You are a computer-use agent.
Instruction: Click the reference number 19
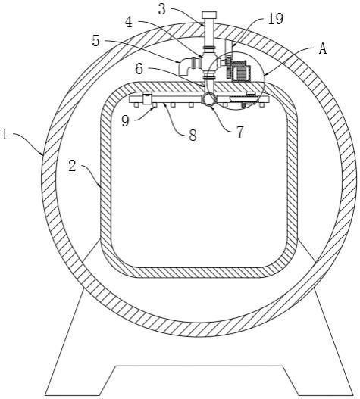click(276, 19)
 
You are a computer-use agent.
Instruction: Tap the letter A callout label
click(323, 48)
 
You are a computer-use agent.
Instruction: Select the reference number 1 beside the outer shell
click(5, 134)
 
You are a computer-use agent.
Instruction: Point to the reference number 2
click(72, 166)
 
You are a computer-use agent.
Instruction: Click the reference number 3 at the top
click(162, 9)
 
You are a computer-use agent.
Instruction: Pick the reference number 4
click(129, 22)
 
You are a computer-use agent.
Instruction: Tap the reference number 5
click(95, 41)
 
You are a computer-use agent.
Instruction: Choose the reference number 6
click(139, 69)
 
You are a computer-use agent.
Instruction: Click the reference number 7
click(239, 132)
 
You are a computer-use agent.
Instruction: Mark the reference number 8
click(193, 135)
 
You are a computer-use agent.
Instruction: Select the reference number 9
click(125, 121)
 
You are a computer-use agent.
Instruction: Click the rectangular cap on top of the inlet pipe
click(209, 15)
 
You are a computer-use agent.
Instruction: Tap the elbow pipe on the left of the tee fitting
click(185, 67)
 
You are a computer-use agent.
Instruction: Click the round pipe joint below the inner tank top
click(208, 99)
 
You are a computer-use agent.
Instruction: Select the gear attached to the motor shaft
click(229, 67)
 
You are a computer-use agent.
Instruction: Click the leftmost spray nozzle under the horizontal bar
click(136, 104)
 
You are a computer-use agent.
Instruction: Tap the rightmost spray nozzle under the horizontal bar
click(261, 104)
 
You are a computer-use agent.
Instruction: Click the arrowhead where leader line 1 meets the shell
click(42, 154)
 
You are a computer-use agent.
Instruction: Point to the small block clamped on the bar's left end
click(147, 98)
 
